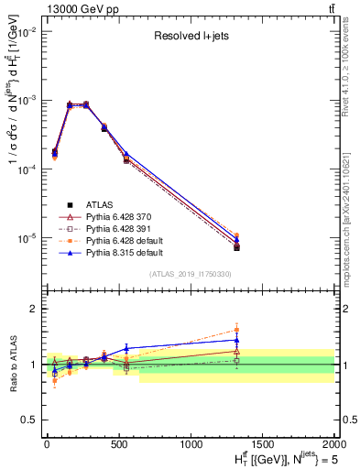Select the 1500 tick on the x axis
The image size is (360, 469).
click(263, 443)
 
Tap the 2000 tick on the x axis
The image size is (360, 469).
click(334, 443)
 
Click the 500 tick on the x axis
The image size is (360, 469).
click(119, 443)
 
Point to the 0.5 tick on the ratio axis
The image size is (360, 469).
click(33, 420)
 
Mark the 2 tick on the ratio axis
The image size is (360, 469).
click(36, 309)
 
